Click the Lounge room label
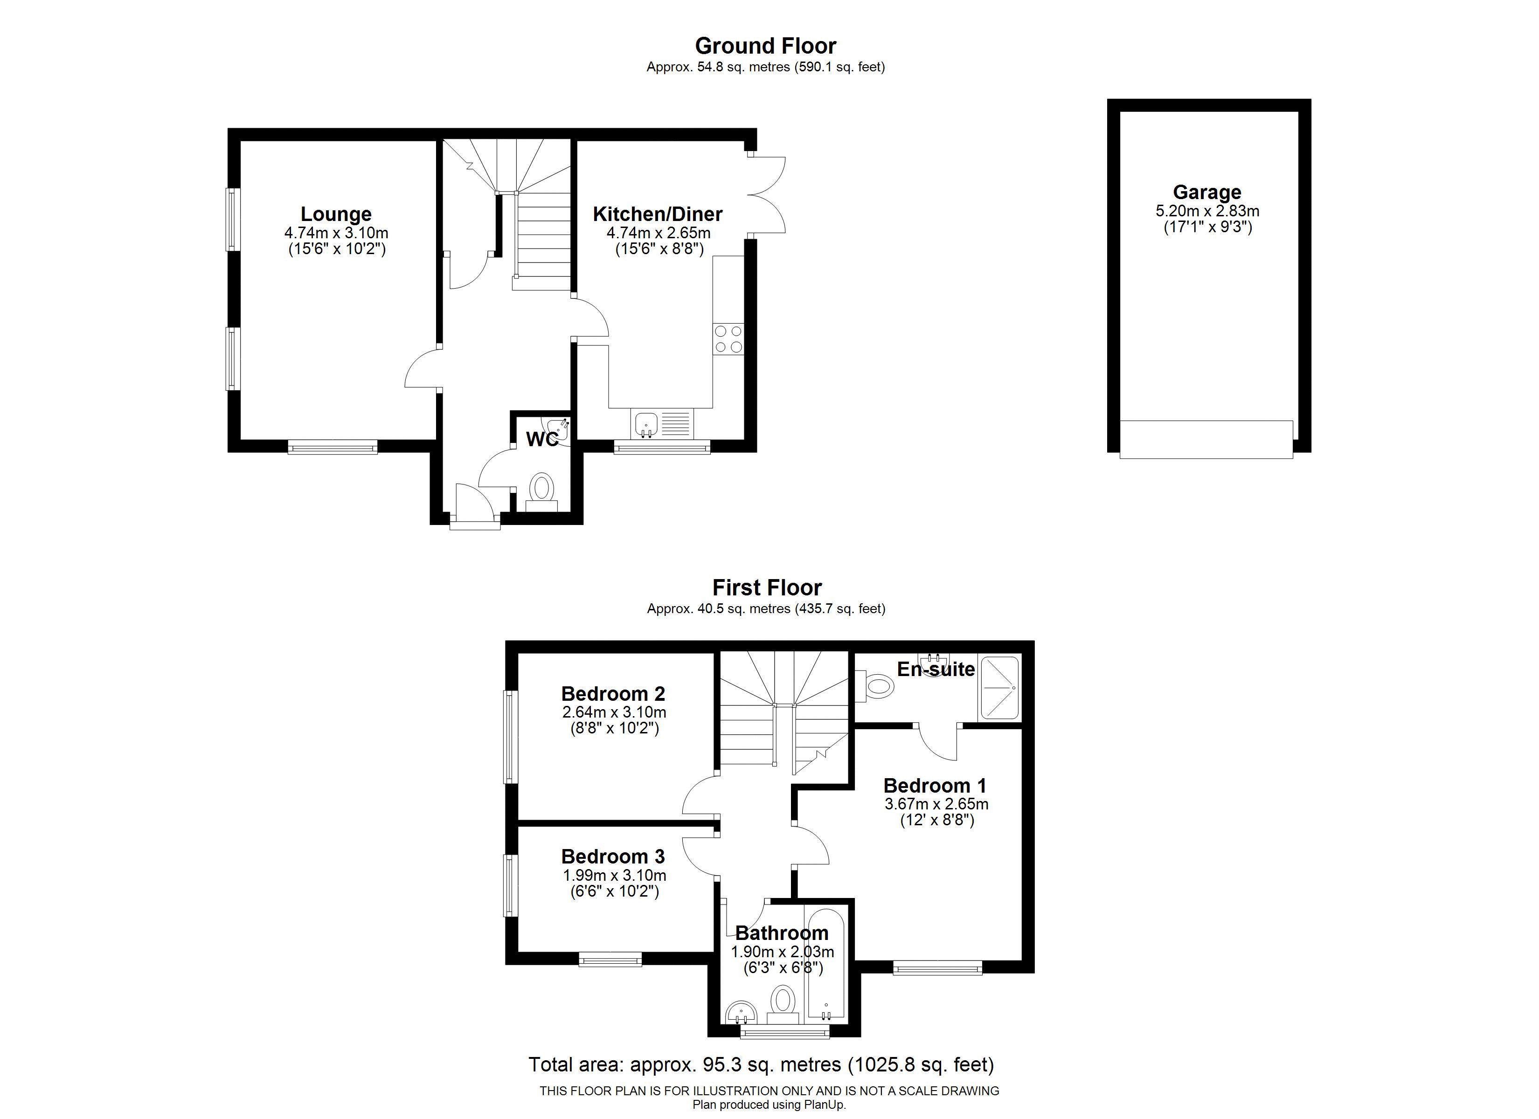(x=336, y=214)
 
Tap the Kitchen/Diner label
(x=658, y=214)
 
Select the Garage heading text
(x=1207, y=193)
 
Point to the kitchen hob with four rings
(x=728, y=339)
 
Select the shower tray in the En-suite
(x=999, y=688)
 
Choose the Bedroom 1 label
(x=935, y=786)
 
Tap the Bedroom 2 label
(x=613, y=693)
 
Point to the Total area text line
(x=762, y=1065)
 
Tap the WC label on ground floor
(x=542, y=440)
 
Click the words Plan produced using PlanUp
(x=769, y=1105)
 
